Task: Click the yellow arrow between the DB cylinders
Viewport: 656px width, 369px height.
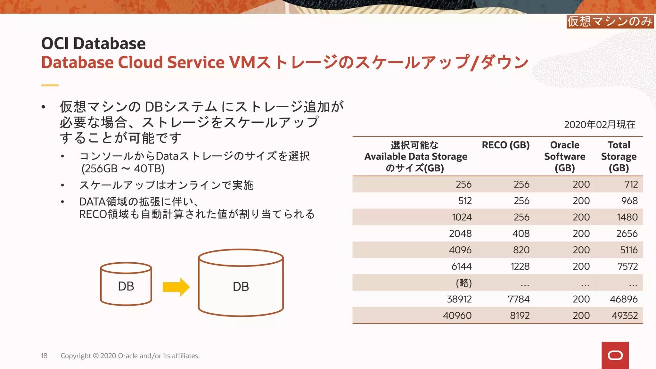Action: pos(176,287)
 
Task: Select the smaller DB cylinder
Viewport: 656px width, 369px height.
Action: pos(126,284)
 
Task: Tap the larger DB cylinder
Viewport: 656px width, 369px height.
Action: pos(241,283)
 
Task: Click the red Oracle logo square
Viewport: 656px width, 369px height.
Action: pos(615,355)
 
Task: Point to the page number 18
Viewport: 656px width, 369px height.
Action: pos(44,356)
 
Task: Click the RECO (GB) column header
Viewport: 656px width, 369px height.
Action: pos(505,145)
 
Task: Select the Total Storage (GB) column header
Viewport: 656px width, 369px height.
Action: pos(619,156)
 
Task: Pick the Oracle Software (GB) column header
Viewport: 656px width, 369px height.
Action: pos(565,156)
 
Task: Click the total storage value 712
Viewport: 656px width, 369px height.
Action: pos(631,184)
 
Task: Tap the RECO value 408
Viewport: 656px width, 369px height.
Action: pos(521,234)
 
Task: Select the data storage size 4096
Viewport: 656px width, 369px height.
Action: pos(460,250)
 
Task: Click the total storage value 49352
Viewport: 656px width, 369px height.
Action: pos(625,316)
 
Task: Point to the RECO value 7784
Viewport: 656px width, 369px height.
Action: pos(519,299)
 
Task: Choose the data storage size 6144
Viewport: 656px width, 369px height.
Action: pos(462,266)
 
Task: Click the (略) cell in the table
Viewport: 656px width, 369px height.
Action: pos(464,283)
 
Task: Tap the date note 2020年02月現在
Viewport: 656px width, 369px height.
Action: pos(600,125)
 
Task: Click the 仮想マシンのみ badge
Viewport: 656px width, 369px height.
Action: pos(610,21)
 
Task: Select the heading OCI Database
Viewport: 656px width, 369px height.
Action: pos(94,44)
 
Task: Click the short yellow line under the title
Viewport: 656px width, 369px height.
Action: pos(50,85)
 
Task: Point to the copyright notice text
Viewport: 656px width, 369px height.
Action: pos(130,356)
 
